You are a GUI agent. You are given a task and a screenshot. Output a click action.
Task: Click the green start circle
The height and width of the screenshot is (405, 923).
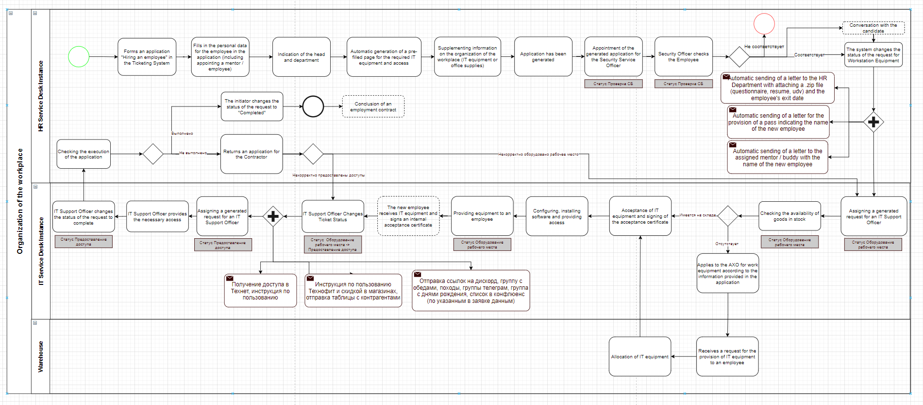click(x=79, y=57)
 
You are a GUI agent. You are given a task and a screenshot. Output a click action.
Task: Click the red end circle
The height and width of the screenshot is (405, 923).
click(x=764, y=24)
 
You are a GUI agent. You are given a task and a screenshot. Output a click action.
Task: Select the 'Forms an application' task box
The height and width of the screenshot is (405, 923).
click(x=147, y=57)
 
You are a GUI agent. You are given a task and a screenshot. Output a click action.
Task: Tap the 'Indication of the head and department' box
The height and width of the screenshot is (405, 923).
click(x=301, y=57)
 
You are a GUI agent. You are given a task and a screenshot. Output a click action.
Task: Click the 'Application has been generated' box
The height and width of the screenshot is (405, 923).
click(x=543, y=57)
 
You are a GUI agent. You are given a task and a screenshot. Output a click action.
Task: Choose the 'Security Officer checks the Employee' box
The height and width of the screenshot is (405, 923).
click(x=683, y=57)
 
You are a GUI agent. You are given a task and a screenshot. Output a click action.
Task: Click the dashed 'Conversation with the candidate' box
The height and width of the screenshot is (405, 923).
click(x=873, y=28)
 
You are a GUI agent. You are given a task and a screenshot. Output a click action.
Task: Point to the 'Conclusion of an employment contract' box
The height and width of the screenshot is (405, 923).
click(x=373, y=106)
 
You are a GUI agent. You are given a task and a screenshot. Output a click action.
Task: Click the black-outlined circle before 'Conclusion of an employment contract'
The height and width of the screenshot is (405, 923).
click(x=313, y=106)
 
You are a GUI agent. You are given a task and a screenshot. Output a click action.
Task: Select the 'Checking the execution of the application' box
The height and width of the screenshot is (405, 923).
click(x=84, y=154)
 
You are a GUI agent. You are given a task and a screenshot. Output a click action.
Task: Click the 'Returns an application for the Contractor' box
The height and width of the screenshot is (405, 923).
click(x=252, y=154)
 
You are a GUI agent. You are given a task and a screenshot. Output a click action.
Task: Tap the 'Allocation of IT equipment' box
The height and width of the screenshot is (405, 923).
click(x=639, y=356)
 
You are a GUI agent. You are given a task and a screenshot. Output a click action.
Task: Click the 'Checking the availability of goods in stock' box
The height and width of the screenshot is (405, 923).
click(x=789, y=216)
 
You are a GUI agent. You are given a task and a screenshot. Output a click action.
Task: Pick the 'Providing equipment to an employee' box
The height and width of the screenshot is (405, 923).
click(x=482, y=216)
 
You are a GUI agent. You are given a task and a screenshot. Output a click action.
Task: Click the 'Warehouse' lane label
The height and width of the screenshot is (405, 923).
click(x=41, y=356)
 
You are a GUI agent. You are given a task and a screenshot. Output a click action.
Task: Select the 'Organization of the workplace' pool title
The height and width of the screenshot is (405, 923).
click(x=19, y=201)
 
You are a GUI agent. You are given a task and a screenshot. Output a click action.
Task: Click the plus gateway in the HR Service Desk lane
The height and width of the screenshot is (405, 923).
click(x=873, y=122)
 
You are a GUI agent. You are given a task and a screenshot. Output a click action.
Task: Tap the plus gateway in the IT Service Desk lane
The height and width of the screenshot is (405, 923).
click(x=273, y=216)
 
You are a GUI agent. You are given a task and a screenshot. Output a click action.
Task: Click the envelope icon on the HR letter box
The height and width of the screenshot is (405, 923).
click(x=726, y=77)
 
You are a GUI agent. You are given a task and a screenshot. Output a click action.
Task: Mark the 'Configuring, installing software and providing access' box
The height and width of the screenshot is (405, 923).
click(x=556, y=216)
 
